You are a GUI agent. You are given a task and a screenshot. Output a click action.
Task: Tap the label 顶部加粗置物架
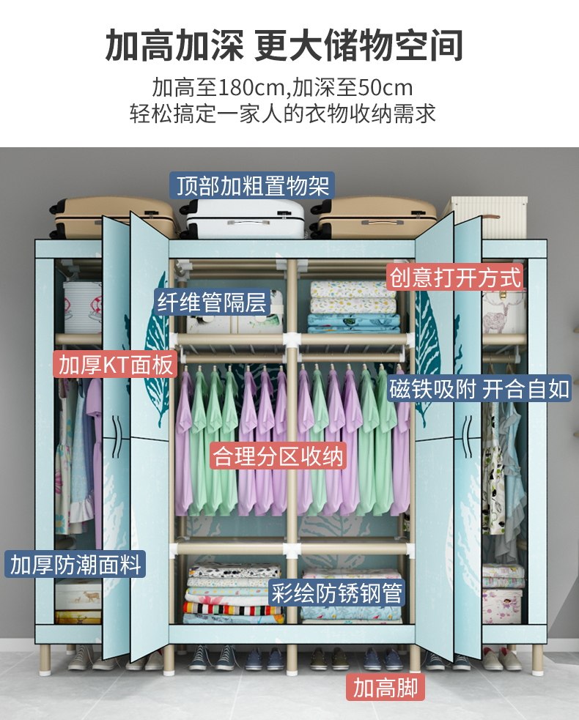pos(251,185)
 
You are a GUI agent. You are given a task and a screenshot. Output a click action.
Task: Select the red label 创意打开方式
pos(455,278)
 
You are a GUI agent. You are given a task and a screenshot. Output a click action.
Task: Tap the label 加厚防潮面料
pos(75,565)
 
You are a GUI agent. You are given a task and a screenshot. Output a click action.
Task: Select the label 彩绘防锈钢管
pos(337,593)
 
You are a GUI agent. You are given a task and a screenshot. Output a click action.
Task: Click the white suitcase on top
pos(244,218)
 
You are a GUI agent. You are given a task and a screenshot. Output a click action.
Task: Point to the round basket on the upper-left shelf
pos(81,307)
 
